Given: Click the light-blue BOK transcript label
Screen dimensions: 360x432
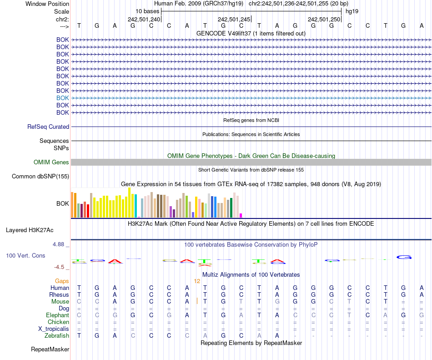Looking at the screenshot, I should (63, 98).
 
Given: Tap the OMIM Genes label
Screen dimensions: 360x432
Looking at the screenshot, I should (51, 162).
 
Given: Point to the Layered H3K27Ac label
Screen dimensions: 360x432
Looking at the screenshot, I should (30, 230).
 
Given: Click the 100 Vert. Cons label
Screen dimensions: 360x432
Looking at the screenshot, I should (25, 256).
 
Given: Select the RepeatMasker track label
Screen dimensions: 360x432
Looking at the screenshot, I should (50, 350).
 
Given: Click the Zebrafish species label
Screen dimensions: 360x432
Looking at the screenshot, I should (57, 336).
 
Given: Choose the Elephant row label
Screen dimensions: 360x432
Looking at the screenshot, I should (57, 315).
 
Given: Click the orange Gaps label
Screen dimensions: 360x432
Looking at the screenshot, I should (62, 281).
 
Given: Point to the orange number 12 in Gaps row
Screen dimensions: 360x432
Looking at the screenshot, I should (197, 281).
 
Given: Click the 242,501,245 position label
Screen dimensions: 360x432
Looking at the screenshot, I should (234, 20).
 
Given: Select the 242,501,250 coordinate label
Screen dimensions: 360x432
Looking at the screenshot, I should (324, 20).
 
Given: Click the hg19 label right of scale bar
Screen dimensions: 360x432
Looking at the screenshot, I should (352, 11).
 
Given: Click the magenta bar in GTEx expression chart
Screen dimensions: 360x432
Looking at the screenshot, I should (241, 215).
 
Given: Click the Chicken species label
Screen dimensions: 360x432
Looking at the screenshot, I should (59, 322).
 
